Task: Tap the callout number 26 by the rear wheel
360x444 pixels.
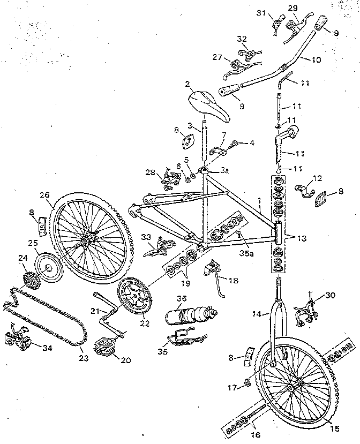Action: [44, 195]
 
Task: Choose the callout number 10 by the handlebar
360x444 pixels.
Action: [316, 59]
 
